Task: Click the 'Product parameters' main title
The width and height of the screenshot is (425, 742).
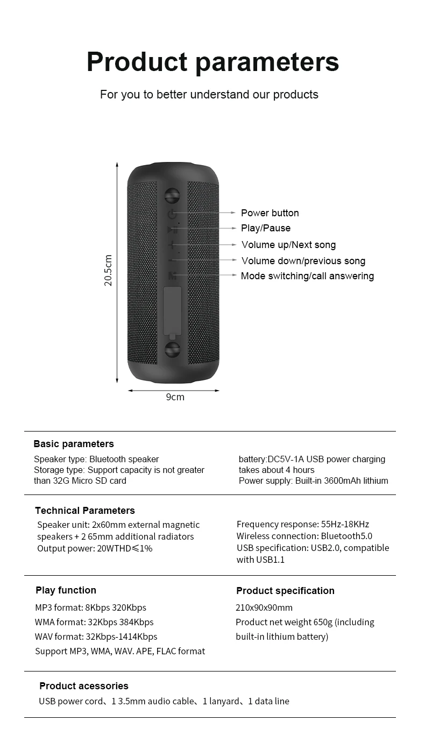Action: [x=212, y=62]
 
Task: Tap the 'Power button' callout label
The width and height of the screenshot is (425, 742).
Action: [x=270, y=213]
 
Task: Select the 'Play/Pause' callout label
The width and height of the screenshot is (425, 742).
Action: [x=265, y=228]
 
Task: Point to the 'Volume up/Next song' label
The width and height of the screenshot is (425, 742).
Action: [x=288, y=245]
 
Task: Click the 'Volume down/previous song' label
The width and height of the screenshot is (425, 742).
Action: [x=303, y=261]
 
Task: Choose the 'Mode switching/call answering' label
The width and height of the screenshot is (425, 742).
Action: [x=307, y=276]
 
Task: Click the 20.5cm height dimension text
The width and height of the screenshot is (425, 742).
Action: [x=108, y=271]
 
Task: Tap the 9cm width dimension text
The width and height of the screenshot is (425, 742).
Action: [x=175, y=397]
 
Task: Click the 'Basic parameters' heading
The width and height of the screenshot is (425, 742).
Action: [x=74, y=444]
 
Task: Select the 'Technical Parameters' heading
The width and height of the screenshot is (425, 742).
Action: [x=85, y=511]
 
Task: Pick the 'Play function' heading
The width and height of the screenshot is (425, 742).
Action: [x=66, y=590]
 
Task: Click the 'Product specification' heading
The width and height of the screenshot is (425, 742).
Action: [x=285, y=591]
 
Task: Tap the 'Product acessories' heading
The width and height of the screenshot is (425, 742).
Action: [x=84, y=686]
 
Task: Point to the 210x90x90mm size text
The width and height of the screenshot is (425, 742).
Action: [x=264, y=607]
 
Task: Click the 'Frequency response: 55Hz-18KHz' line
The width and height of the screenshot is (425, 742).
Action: [x=303, y=524]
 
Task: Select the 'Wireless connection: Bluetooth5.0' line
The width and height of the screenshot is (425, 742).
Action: [x=304, y=536]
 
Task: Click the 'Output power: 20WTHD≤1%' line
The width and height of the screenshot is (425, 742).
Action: [x=95, y=548]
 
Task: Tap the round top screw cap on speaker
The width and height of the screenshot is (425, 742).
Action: [x=172, y=195]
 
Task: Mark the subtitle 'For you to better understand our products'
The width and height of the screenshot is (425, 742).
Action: [x=209, y=95]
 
